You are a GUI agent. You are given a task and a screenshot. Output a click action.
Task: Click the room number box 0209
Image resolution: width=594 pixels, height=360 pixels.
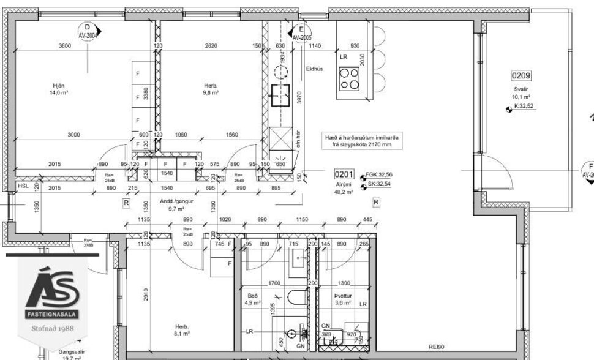click(521, 76)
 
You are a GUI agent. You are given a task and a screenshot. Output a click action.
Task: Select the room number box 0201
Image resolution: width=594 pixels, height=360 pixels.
click(344, 174)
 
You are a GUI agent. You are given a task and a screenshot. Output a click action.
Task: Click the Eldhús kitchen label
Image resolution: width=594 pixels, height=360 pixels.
click(314, 69)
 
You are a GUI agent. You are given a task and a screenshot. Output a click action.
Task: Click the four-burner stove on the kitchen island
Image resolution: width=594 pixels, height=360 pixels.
click(349, 78)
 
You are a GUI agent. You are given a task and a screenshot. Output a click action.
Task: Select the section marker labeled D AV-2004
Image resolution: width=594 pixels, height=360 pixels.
click(88, 31)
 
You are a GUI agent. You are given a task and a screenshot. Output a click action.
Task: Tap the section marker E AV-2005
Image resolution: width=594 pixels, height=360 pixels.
click(300, 33)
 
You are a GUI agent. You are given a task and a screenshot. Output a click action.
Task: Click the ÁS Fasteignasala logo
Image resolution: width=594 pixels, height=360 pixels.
click(52, 294)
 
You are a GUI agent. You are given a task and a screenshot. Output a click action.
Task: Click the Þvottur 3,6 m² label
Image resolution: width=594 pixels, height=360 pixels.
click(343, 299)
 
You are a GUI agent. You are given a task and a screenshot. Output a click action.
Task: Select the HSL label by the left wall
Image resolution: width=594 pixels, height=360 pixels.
click(23, 186)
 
